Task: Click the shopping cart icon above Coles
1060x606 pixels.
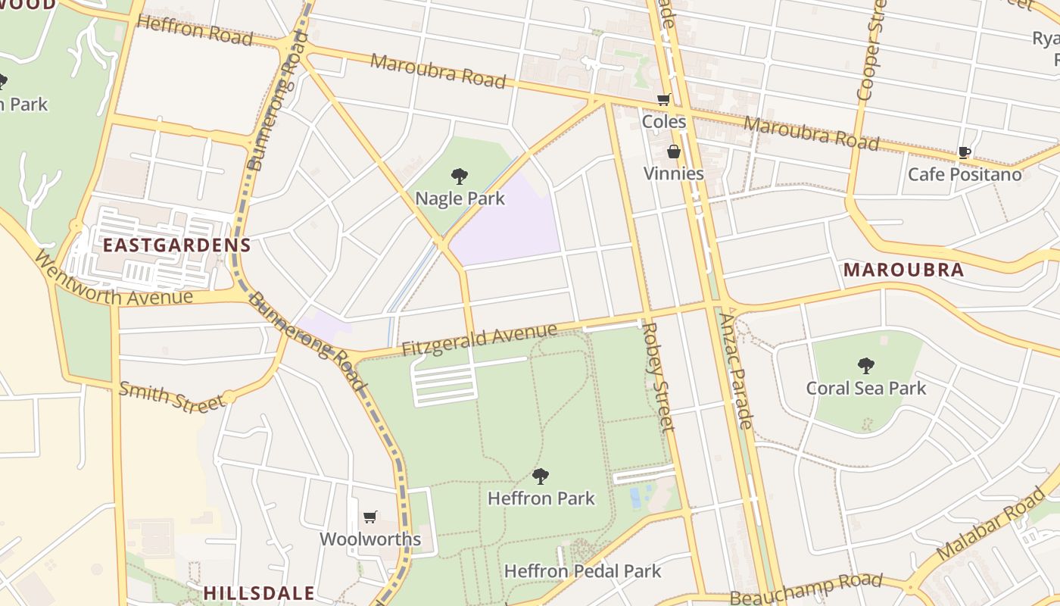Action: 664,99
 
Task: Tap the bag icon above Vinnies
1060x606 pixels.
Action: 673,152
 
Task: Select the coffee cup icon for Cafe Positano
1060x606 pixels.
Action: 964,152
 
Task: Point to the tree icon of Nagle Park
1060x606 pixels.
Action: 459,177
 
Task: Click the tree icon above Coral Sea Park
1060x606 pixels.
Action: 865,366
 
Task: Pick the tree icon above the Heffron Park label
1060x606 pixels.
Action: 540,476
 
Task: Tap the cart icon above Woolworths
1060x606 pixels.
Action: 370,517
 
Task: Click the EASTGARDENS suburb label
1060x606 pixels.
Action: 176,245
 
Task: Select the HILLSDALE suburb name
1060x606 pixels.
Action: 259,592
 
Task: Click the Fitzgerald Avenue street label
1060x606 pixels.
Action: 479,339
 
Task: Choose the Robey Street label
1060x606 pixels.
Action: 657,376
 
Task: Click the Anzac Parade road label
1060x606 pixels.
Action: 734,371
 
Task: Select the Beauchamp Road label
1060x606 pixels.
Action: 806,588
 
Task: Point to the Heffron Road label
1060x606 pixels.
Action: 194,30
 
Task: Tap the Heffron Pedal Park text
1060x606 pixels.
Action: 582,571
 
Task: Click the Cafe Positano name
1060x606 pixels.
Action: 964,174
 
